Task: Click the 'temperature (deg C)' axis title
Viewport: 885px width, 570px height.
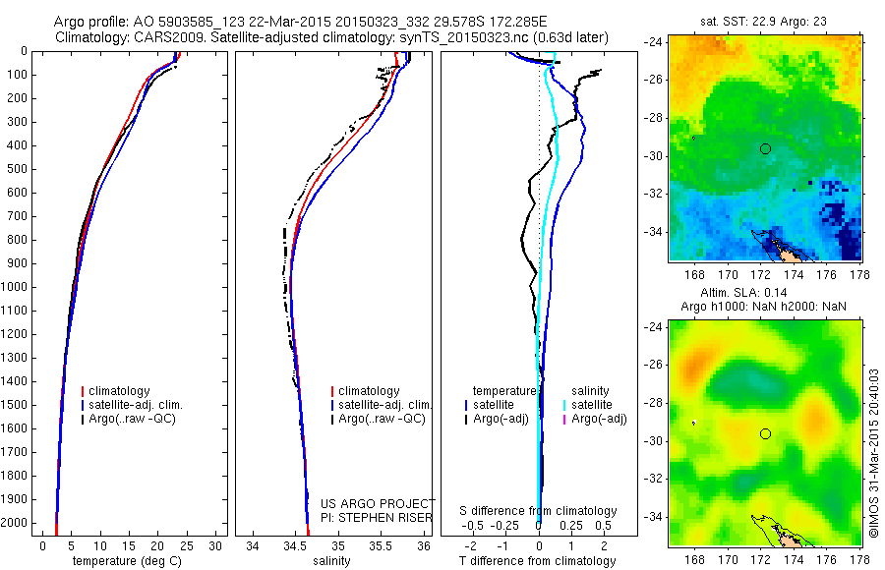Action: tap(125, 561)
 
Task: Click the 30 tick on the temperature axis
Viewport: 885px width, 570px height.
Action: tap(216, 545)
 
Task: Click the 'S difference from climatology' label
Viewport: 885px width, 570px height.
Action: tap(539, 511)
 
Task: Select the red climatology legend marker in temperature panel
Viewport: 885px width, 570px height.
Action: tap(82, 391)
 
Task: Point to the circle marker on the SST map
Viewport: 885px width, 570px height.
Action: tap(765, 148)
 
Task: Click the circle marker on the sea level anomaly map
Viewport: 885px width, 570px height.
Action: tap(765, 433)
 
